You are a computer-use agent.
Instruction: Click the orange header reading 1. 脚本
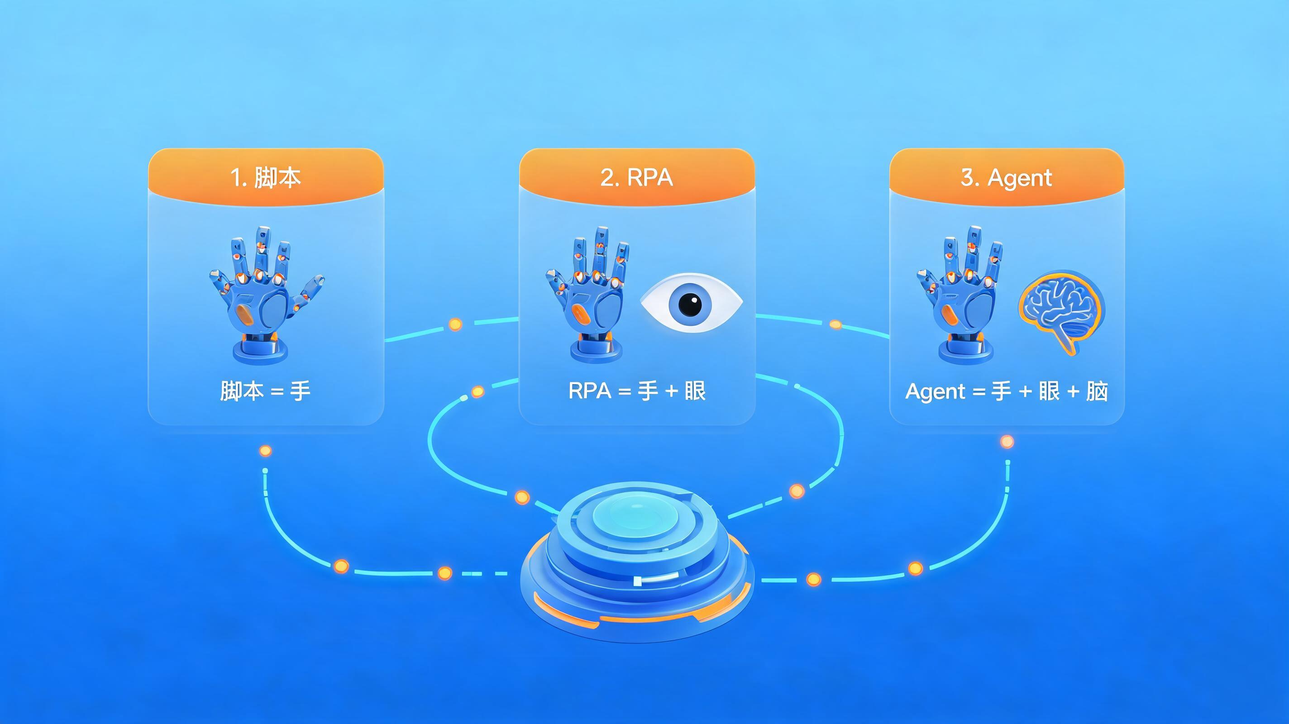point(266,177)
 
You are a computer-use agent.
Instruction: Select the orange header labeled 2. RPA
point(636,177)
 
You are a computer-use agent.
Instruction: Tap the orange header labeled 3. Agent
point(1007,177)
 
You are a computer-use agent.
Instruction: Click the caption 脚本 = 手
point(265,391)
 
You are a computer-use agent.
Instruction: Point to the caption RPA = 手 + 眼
point(637,391)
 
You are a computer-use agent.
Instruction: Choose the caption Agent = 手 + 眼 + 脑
point(1006,391)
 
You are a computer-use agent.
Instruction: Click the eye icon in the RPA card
point(692,303)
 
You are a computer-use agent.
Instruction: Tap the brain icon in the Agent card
point(1061,312)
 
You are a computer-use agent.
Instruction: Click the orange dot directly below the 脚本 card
point(266,451)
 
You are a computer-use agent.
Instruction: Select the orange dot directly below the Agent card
point(1007,442)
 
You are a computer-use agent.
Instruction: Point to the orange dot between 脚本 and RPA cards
point(455,324)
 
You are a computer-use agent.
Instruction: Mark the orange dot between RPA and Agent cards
point(835,324)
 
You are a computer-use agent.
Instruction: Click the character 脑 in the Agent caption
point(1097,391)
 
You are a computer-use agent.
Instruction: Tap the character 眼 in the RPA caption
point(695,391)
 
